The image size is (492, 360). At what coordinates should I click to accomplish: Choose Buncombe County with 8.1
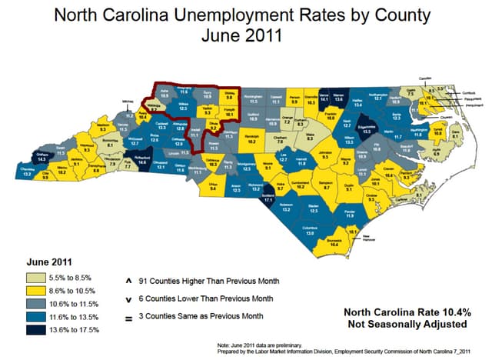click(x=111, y=145)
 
